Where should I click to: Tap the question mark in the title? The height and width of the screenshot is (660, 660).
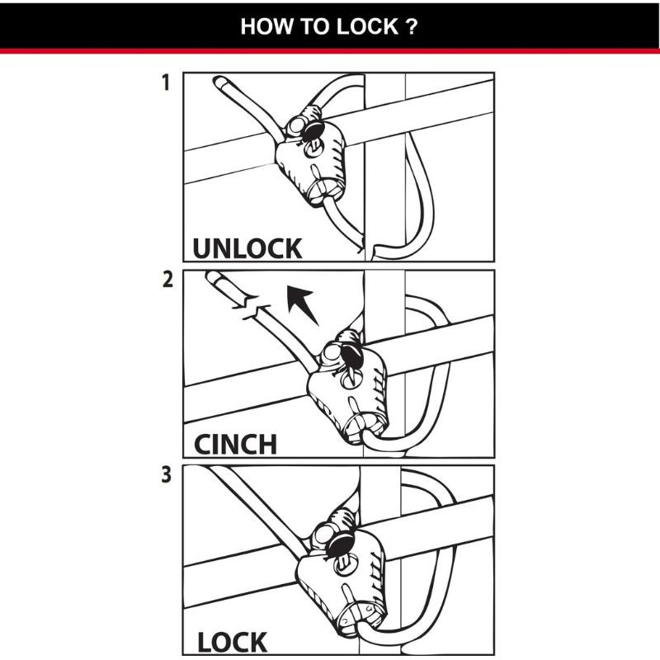pyautogui.click(x=411, y=26)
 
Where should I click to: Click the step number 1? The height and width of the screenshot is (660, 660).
pyautogui.click(x=166, y=83)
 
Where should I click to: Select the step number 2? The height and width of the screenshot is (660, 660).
pyautogui.click(x=167, y=280)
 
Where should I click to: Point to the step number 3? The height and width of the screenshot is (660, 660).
pyautogui.click(x=167, y=477)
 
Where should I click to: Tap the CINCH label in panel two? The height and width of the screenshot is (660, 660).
pyautogui.click(x=235, y=444)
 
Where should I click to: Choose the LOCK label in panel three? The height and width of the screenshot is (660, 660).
pyautogui.click(x=232, y=642)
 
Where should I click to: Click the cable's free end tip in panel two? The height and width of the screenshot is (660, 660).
pyautogui.click(x=212, y=278)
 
